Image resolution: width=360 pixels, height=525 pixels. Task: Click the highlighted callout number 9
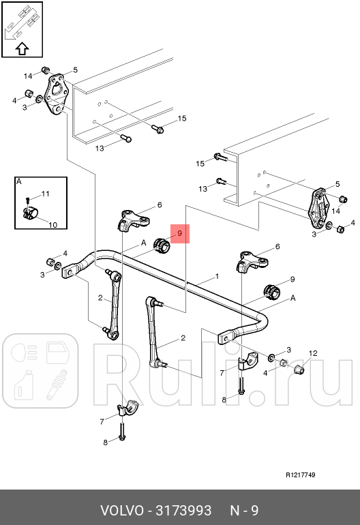pyautogui.click(x=180, y=233)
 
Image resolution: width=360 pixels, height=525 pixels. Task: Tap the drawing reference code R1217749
pyautogui.click(x=301, y=475)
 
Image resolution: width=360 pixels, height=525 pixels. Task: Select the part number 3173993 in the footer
pyautogui.click(x=184, y=511)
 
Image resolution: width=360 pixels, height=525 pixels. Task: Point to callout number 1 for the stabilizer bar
pyautogui.click(x=217, y=276)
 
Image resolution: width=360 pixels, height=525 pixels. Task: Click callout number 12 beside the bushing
pyautogui.click(x=313, y=353)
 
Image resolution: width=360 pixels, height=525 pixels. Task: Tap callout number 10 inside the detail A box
pyautogui.click(x=53, y=225)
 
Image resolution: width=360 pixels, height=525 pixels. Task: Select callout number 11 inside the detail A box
pyautogui.click(x=46, y=194)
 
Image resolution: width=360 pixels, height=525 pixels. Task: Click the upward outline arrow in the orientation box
pyautogui.click(x=22, y=49)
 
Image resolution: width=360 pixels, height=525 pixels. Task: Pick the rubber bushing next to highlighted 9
pyautogui.click(x=162, y=245)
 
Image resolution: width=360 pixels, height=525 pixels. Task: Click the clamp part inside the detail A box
pyautogui.click(x=31, y=213)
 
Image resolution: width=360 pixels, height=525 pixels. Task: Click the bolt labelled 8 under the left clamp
pyautogui.click(x=122, y=432)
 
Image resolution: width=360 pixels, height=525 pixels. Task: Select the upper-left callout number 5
pyautogui.click(x=76, y=70)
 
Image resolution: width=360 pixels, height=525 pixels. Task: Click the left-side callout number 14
pyautogui.click(x=28, y=76)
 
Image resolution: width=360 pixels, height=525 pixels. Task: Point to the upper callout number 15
pyautogui.click(x=182, y=118)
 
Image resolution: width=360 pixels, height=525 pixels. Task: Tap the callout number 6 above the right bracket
pyautogui.click(x=277, y=246)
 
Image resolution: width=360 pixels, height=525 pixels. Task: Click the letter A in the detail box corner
pyautogui.click(x=19, y=181)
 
